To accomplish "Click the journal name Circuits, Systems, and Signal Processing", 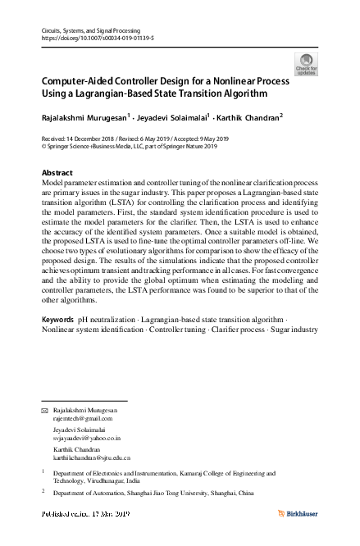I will point(91,29).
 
